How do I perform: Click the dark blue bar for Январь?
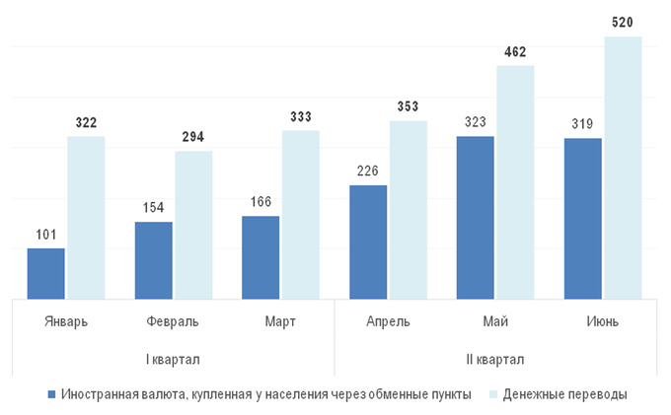[x=45, y=272]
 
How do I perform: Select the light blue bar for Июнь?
[x=623, y=167]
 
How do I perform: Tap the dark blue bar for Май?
[x=476, y=217]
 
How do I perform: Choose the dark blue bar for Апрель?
[x=369, y=241]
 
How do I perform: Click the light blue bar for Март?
[x=301, y=213]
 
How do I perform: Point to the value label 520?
[x=623, y=22]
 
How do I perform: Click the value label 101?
[x=45, y=234]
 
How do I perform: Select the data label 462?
[x=515, y=51]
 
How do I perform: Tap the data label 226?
[x=369, y=171]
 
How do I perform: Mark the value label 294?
[x=193, y=136]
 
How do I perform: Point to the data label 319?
[x=583, y=124]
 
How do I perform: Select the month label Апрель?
[x=389, y=321]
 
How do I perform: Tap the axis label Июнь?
[x=602, y=321]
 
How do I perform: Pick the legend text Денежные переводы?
[x=564, y=394]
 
